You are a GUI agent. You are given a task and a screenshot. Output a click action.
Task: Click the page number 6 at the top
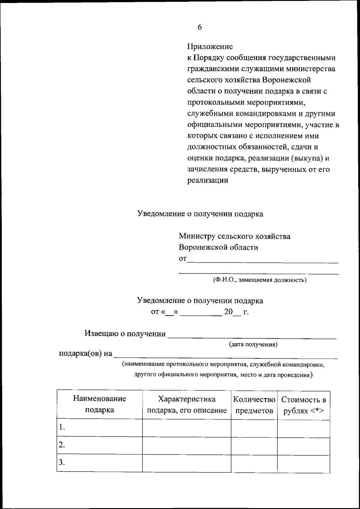(200, 27)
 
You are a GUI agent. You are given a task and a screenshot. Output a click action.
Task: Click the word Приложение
(210, 47)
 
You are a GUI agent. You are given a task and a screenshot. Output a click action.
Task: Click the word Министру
(197, 236)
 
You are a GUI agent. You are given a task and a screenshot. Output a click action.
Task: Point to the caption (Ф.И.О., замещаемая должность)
(259, 280)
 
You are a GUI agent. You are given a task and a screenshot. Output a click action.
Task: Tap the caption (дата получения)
(253, 345)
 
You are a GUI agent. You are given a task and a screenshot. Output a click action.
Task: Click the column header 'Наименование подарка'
(100, 404)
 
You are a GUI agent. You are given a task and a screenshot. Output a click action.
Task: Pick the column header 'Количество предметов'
(254, 405)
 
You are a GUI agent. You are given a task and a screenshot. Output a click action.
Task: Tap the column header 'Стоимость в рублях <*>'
(303, 405)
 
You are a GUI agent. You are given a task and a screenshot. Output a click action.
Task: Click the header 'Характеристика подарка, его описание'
(187, 404)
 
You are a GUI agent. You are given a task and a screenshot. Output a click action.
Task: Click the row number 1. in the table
(62, 427)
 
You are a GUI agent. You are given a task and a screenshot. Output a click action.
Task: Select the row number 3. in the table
(62, 462)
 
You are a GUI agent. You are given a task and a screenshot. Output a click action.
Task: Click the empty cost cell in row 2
(303, 445)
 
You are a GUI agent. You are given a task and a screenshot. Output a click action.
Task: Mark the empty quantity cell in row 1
(254, 428)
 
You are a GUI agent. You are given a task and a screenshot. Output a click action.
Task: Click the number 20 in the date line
(228, 312)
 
